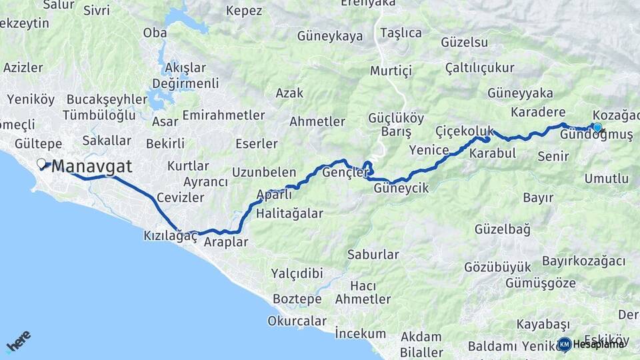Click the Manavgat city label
(92, 166)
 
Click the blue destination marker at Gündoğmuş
(597, 127)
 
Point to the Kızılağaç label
(171, 236)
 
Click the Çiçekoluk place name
(464, 129)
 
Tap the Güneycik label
(401, 188)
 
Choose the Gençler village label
(345, 173)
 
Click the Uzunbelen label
(263, 173)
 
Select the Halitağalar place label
(290, 213)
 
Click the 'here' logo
(19, 341)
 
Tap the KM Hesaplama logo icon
(565, 344)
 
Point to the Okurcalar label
(297, 321)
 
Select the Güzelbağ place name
(503, 229)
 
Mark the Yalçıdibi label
(297, 273)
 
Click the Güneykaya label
(330, 36)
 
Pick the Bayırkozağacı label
(583, 260)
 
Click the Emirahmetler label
(214, 115)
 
